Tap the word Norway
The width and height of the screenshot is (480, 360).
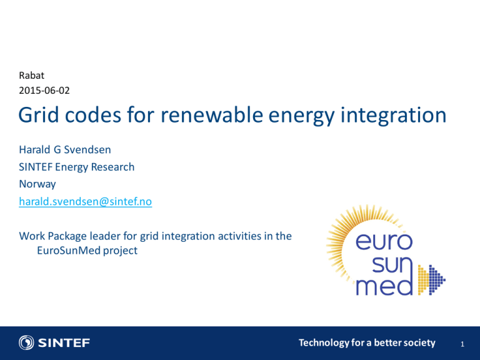[x=37, y=184]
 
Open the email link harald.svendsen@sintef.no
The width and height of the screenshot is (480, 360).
[x=86, y=201]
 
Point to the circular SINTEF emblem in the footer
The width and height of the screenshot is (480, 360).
[x=26, y=342]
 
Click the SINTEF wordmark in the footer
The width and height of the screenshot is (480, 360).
[x=64, y=343]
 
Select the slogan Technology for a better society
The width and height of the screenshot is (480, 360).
[x=367, y=343]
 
